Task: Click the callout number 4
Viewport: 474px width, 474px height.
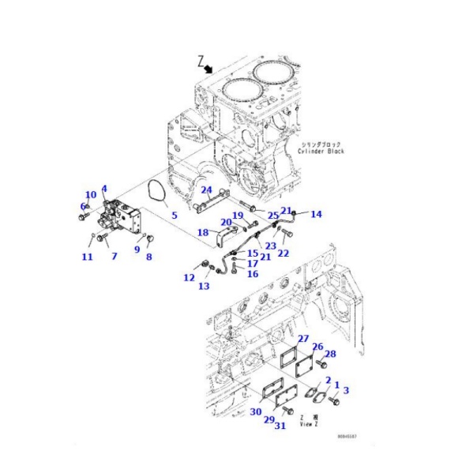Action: [103, 190]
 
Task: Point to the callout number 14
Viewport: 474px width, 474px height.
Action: [316, 214]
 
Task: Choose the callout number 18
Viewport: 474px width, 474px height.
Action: [202, 232]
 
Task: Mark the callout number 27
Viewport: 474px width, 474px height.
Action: [303, 338]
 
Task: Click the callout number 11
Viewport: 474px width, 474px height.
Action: [87, 257]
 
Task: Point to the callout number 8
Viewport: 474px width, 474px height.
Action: [149, 257]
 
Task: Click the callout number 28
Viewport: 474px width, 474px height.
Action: [330, 354]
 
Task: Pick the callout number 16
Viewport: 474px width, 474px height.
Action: [253, 273]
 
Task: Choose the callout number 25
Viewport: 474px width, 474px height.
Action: [272, 215]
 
